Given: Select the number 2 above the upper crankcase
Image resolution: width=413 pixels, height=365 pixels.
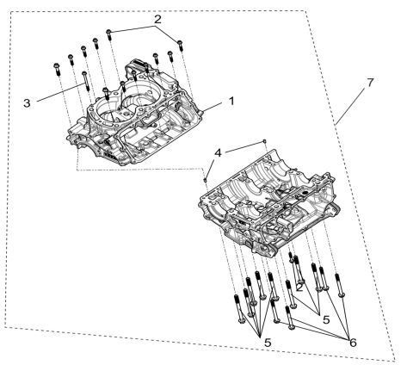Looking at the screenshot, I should (157, 18).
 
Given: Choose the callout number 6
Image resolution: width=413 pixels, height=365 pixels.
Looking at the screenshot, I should (354, 341).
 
